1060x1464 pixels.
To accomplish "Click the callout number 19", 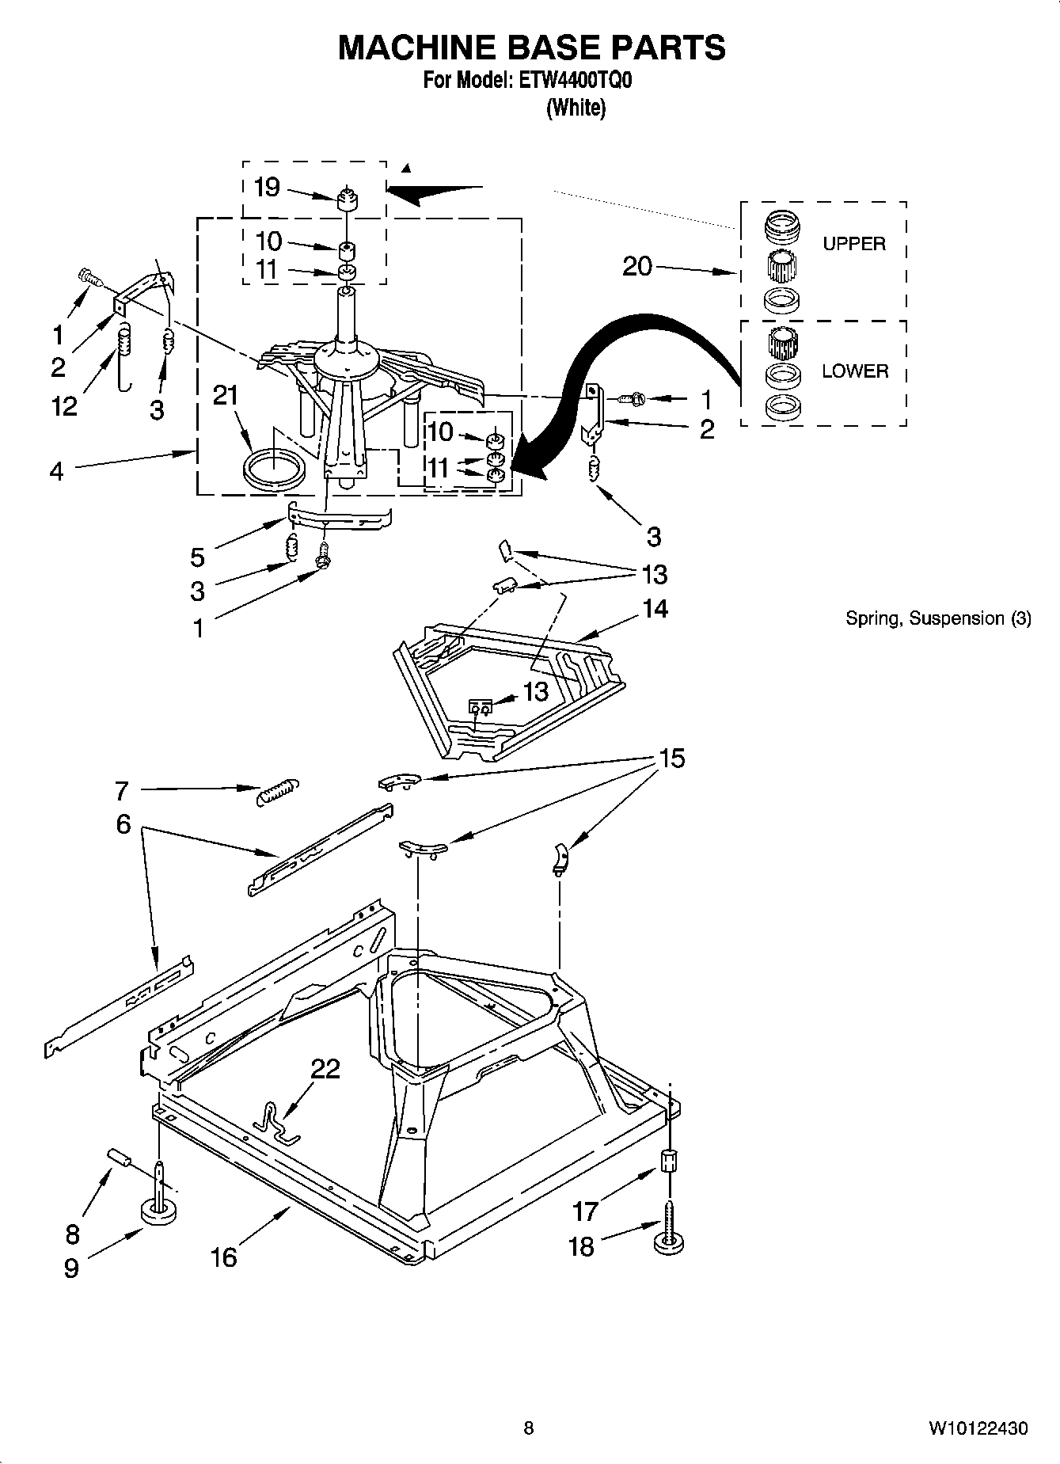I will coord(267,188).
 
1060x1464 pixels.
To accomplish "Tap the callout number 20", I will coord(637,267).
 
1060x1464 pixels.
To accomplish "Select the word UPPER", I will coord(853,244).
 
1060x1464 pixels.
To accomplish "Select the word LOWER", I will coord(854,371).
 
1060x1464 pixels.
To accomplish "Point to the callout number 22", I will coord(325,1069).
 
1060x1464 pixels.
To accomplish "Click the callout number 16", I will coord(224,1257).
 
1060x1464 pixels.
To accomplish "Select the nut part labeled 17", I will coord(669,1162).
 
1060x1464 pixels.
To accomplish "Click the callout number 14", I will coord(655,608).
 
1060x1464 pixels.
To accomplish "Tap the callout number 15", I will coord(671,759).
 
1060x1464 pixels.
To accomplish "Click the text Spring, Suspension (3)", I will coord(938,618).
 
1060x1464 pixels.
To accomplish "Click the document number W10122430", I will coord(978,1428).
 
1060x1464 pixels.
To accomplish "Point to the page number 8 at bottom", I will coord(529,1428).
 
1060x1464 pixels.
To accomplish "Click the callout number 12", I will coord(64,405).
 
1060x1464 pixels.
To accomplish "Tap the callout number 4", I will coord(56,471).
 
